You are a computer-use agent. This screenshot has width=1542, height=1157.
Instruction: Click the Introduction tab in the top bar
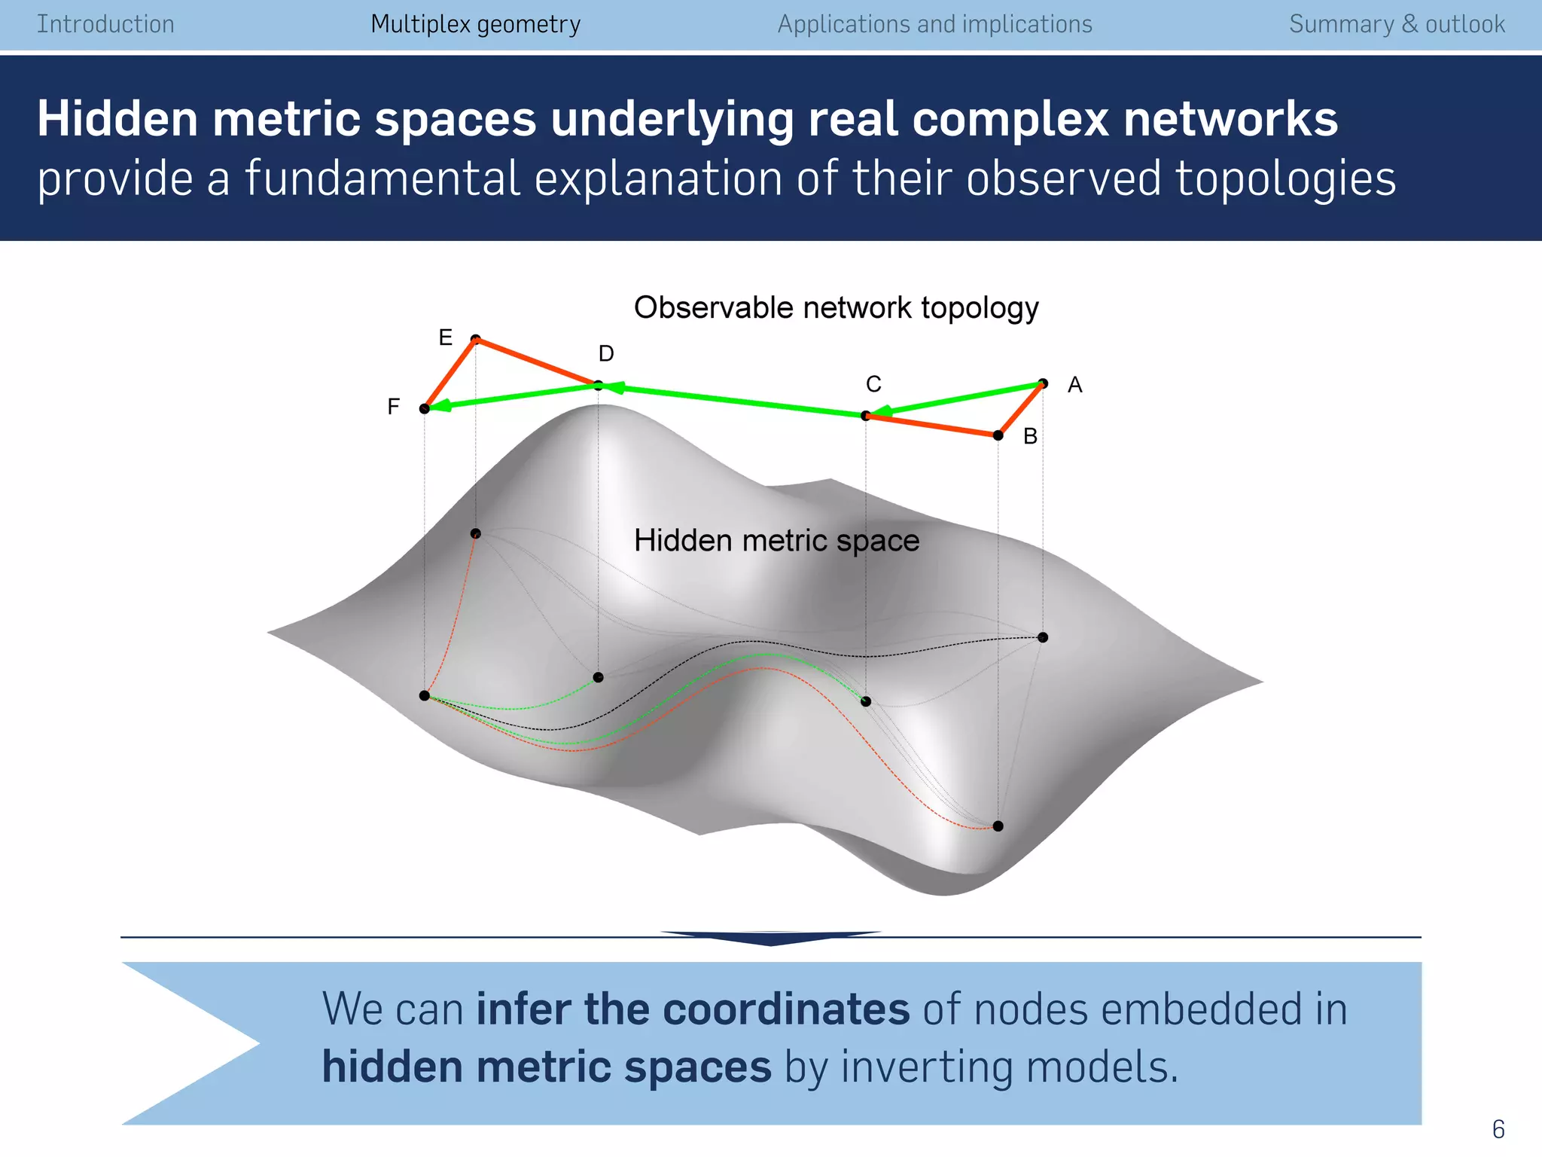[x=105, y=24]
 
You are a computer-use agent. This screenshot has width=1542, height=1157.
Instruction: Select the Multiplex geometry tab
[x=476, y=24]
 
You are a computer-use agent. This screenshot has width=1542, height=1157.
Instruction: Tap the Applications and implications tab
[x=934, y=24]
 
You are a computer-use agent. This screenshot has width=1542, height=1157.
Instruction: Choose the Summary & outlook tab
[x=1397, y=24]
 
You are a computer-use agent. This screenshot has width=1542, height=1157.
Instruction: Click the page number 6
[x=1498, y=1129]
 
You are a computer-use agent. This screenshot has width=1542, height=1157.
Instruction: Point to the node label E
[x=446, y=337]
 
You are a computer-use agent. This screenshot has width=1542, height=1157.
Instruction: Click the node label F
[x=393, y=407]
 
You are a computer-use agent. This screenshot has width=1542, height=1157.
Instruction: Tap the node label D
[x=606, y=353]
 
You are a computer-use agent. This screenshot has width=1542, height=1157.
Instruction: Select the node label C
[x=873, y=384]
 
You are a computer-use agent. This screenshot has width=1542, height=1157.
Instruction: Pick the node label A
[x=1074, y=385]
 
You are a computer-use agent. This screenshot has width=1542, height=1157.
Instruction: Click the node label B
[x=1030, y=436]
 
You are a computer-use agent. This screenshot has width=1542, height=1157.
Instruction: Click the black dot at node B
[x=998, y=435]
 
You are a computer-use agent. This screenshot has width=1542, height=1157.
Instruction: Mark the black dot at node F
[x=425, y=408]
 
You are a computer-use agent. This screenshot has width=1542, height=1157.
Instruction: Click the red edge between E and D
[x=536, y=362]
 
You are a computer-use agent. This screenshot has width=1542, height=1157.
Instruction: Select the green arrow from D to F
[x=512, y=397]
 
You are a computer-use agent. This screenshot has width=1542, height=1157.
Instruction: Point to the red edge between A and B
[x=1021, y=409]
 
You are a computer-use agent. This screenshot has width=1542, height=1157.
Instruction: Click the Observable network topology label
[x=836, y=308]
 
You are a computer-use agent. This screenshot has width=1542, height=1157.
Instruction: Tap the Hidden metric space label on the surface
[x=776, y=541]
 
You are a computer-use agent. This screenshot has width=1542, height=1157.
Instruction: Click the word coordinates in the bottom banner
[x=786, y=1009]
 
